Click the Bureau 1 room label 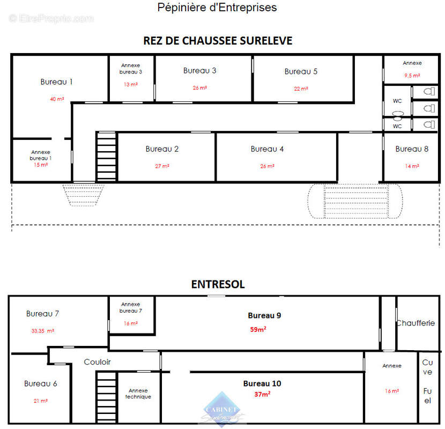click(56, 82)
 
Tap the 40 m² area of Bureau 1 click(56, 99)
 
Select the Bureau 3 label click(199, 71)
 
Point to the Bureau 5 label click(301, 71)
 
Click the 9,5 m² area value click(412, 76)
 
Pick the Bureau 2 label click(162, 149)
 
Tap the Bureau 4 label click(267, 149)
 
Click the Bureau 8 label click(412, 149)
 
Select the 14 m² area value click(412, 166)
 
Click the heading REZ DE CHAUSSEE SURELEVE click(218, 41)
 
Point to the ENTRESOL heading click(218, 285)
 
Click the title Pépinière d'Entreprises click(217, 8)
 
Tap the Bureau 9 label click(264, 315)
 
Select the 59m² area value click(257, 329)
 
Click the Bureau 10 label click(262, 383)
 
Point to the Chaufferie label click(419, 323)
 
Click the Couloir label click(97, 362)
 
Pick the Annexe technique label click(138, 394)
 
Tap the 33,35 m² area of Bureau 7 click(42, 331)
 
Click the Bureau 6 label click(40, 384)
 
